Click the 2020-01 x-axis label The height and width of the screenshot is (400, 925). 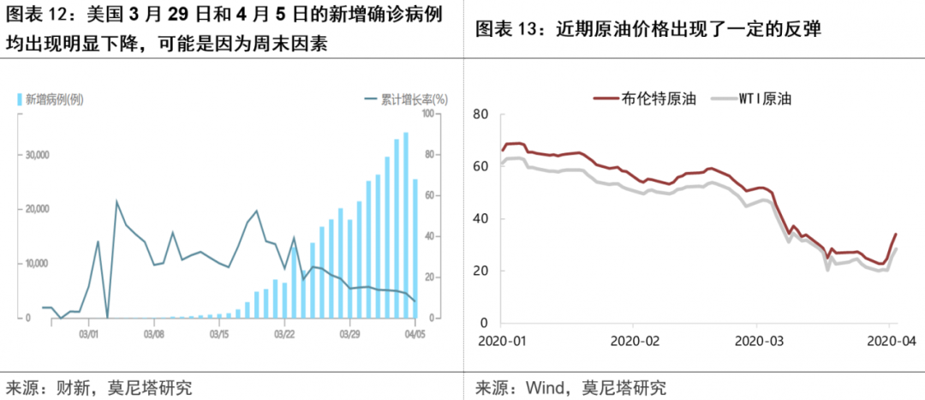(504, 340)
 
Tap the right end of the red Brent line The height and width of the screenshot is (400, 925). (896, 234)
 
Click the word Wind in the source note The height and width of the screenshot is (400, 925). (528, 387)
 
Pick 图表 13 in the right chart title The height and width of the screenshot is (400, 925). (505, 29)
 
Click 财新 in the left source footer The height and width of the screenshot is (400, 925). (65, 387)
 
